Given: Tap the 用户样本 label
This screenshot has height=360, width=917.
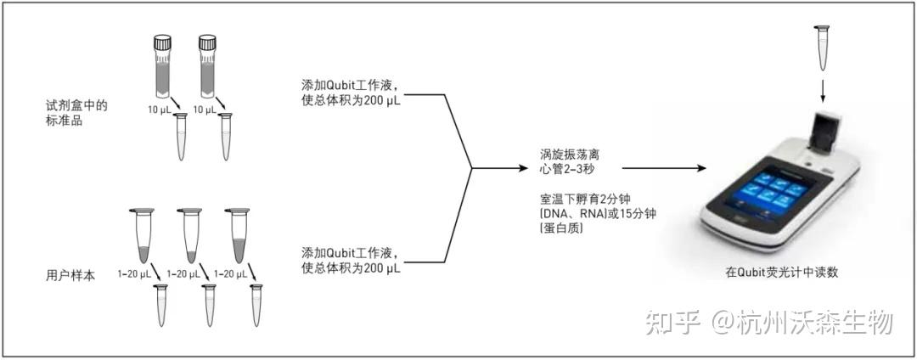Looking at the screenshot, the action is [x=71, y=275].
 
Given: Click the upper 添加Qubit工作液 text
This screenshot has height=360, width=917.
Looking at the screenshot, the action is [x=351, y=85].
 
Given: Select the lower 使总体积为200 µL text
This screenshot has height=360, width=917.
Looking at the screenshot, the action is [x=351, y=268].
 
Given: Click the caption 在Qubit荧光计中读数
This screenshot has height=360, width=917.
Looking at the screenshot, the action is [x=781, y=272].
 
